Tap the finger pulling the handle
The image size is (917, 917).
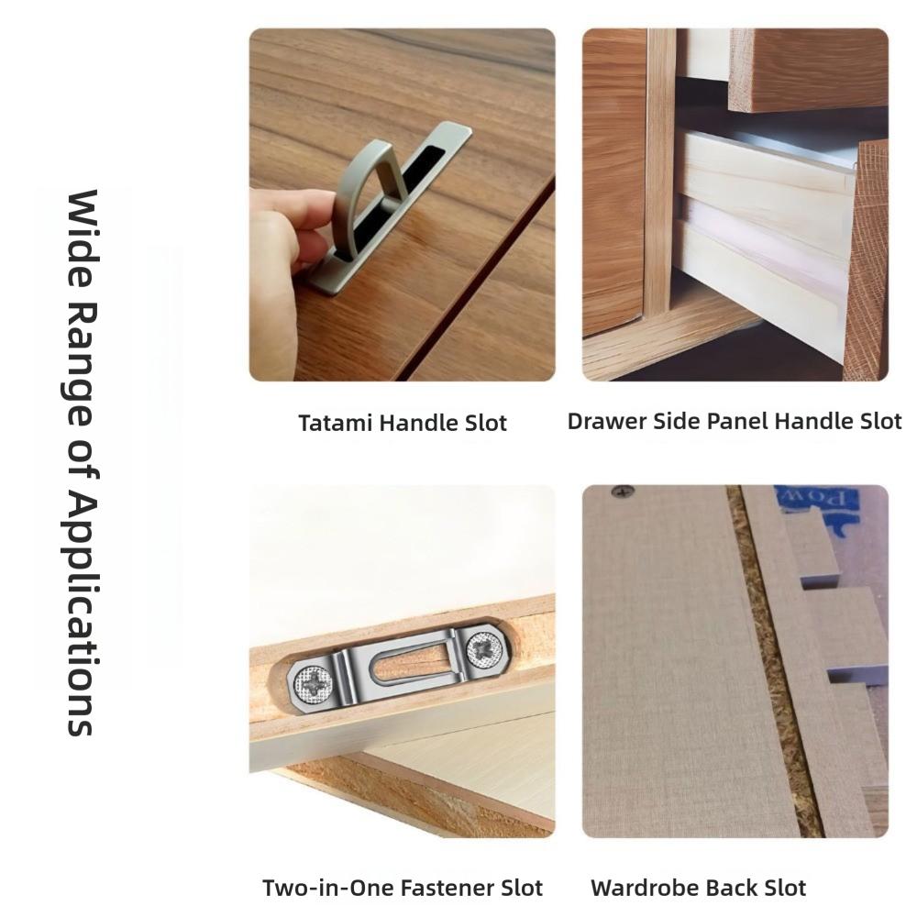[284, 220]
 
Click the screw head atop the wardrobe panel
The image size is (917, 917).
[623, 492]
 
